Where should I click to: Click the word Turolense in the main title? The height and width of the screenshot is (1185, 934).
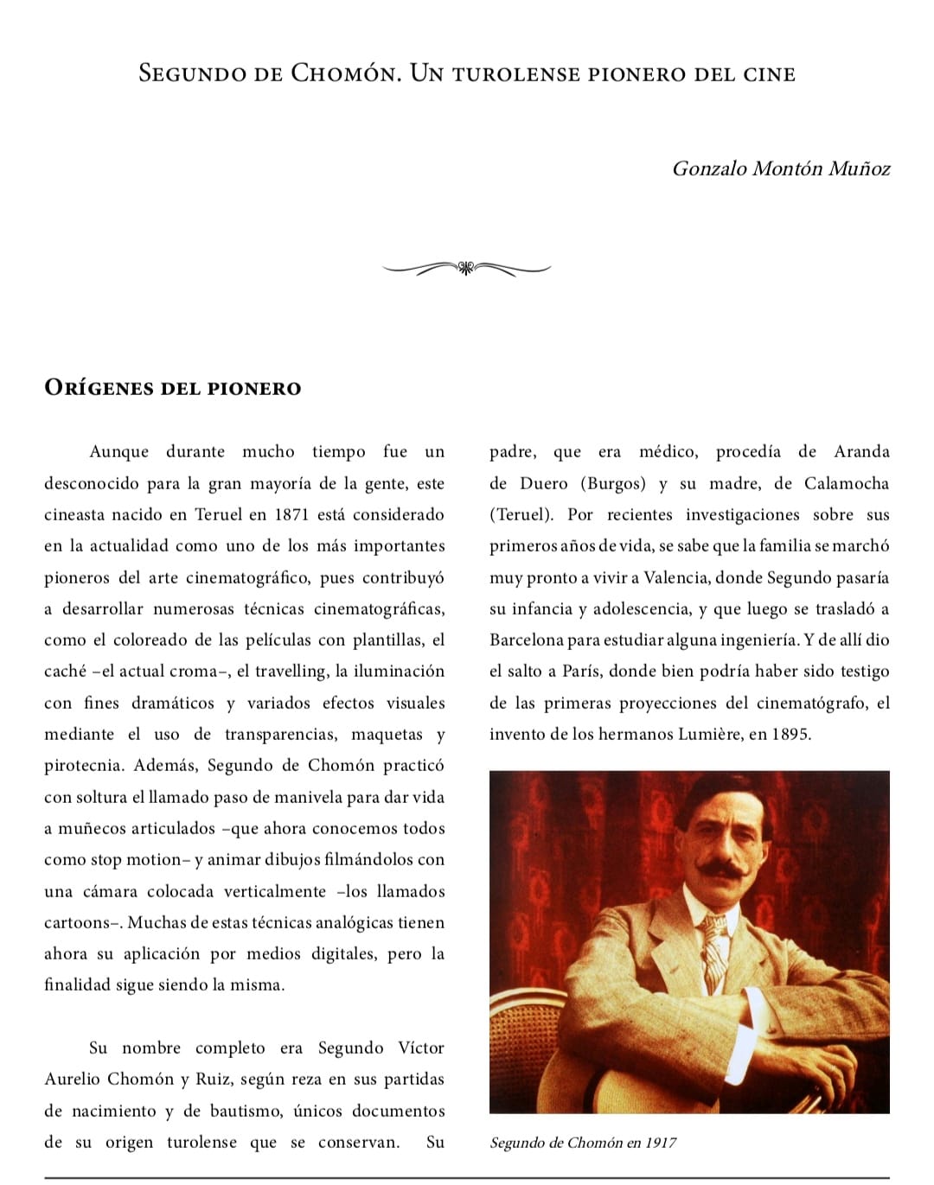(515, 73)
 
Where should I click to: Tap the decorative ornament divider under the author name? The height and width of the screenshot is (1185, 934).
(466, 268)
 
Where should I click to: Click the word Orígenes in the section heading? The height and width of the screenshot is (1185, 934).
(99, 388)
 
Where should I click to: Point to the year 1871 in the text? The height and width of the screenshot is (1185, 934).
(291, 515)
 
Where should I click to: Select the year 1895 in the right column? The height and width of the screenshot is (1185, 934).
(790, 735)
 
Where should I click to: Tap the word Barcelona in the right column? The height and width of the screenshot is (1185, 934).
(526, 640)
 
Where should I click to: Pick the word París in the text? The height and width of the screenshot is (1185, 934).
(581, 672)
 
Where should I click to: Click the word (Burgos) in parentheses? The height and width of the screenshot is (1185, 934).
(613, 484)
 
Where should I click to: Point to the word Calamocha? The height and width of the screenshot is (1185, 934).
(846, 484)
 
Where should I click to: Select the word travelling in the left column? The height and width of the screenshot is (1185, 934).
(291, 672)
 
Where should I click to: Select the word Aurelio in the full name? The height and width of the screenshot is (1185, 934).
(73, 1080)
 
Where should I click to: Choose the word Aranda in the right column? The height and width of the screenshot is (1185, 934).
(861, 452)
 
